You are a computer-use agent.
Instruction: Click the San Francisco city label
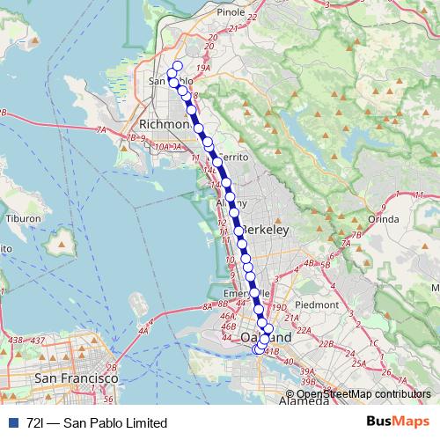click(76, 378)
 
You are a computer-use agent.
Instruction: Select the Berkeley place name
click(265, 229)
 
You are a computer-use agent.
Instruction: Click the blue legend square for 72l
click(11, 423)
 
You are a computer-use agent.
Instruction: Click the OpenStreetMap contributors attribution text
click(363, 394)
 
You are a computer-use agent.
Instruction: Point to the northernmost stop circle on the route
click(178, 65)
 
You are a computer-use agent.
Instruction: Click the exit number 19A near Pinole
click(204, 68)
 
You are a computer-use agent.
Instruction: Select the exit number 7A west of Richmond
click(101, 130)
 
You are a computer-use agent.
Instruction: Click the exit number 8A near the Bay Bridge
click(208, 305)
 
